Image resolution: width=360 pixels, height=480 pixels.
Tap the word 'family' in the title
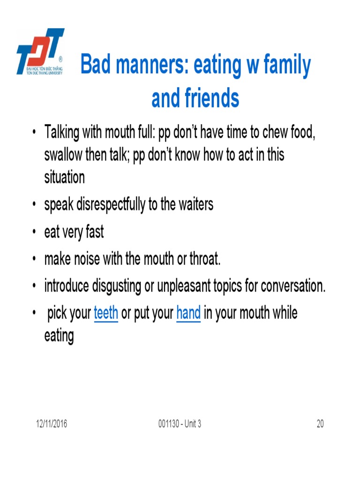pos(286,66)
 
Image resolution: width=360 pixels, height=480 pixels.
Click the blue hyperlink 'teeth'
pos(106,313)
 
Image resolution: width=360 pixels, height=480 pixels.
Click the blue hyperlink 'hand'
pos(188,313)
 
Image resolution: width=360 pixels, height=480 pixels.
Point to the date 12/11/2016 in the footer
pos(52,424)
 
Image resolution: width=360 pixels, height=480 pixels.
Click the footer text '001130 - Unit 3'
pos(180,424)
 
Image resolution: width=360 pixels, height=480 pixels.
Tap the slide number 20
pos(320,424)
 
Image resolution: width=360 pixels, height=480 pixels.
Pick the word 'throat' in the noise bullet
pos(204,259)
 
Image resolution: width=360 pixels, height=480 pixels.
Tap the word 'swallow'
pos(63,155)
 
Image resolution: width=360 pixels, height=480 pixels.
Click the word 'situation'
pos(65,178)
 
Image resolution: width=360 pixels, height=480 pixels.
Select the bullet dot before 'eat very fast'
pos(34,233)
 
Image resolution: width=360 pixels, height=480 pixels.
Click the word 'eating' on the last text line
pos(59,336)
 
